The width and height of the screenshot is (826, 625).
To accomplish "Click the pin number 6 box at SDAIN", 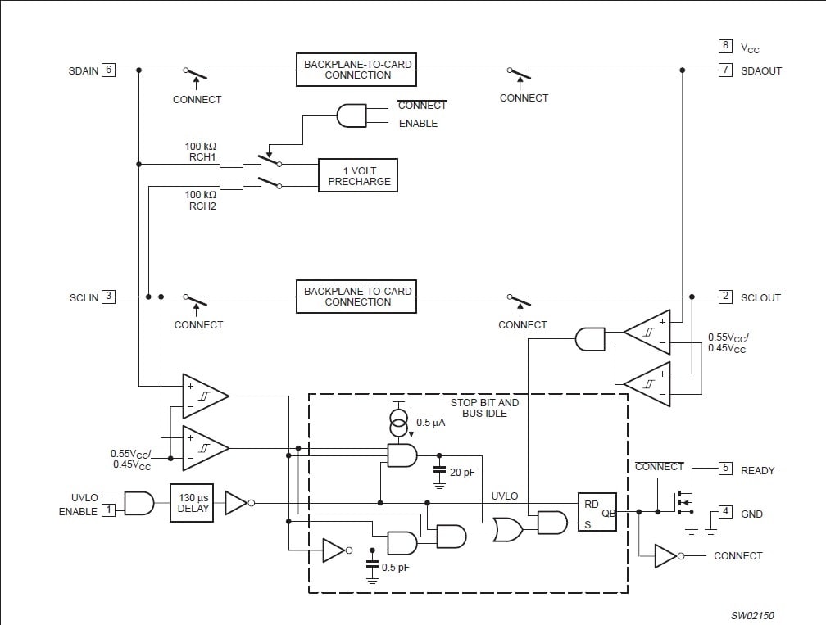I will [x=107, y=70].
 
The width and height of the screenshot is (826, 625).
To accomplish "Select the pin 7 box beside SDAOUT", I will [x=725, y=70].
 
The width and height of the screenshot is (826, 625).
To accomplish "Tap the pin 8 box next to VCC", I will [x=725, y=47].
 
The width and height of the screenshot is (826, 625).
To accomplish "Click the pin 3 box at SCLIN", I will [x=107, y=297].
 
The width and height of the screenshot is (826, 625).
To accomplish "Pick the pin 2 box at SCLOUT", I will [x=725, y=297].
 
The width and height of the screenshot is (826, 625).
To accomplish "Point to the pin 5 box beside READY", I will [x=725, y=469].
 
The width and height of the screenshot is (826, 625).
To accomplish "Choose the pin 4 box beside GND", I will [x=725, y=513].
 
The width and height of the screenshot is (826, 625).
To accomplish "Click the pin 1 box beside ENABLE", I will [x=107, y=510].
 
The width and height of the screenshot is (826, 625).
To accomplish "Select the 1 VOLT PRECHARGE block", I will [x=358, y=175].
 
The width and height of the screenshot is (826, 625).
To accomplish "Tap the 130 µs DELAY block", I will [x=191, y=503].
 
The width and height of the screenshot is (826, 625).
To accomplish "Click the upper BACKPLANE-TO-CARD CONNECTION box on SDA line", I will [x=357, y=70].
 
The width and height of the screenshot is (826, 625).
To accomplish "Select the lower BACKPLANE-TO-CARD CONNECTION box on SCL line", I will [x=357, y=297].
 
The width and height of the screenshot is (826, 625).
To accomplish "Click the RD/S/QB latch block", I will [x=597, y=513].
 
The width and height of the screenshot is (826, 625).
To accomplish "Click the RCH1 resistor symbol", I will [x=232, y=164].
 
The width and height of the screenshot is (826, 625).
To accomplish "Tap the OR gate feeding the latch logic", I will [x=506, y=530].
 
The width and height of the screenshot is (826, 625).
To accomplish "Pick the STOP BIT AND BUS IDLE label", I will [x=484, y=408].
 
